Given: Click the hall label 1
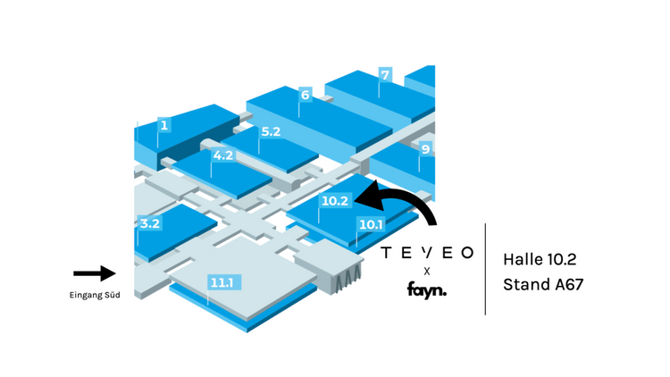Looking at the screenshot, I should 163,126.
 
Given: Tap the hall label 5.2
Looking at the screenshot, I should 271,132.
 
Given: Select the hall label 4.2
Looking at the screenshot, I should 223,155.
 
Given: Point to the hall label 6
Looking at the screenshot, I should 306,96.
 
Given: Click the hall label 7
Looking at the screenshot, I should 385,75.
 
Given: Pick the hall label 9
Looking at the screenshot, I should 426,149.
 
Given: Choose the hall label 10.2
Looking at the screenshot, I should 334,201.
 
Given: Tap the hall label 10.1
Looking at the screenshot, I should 371,224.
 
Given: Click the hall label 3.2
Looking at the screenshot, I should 149,224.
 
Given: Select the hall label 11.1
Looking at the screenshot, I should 222,283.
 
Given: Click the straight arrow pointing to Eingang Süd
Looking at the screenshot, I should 94,273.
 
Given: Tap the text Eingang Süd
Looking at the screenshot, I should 94,296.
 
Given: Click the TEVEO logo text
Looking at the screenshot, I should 426,253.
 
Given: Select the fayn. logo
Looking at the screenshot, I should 426,289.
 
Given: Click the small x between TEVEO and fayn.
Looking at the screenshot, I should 426,271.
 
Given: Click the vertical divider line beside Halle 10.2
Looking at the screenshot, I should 485,268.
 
